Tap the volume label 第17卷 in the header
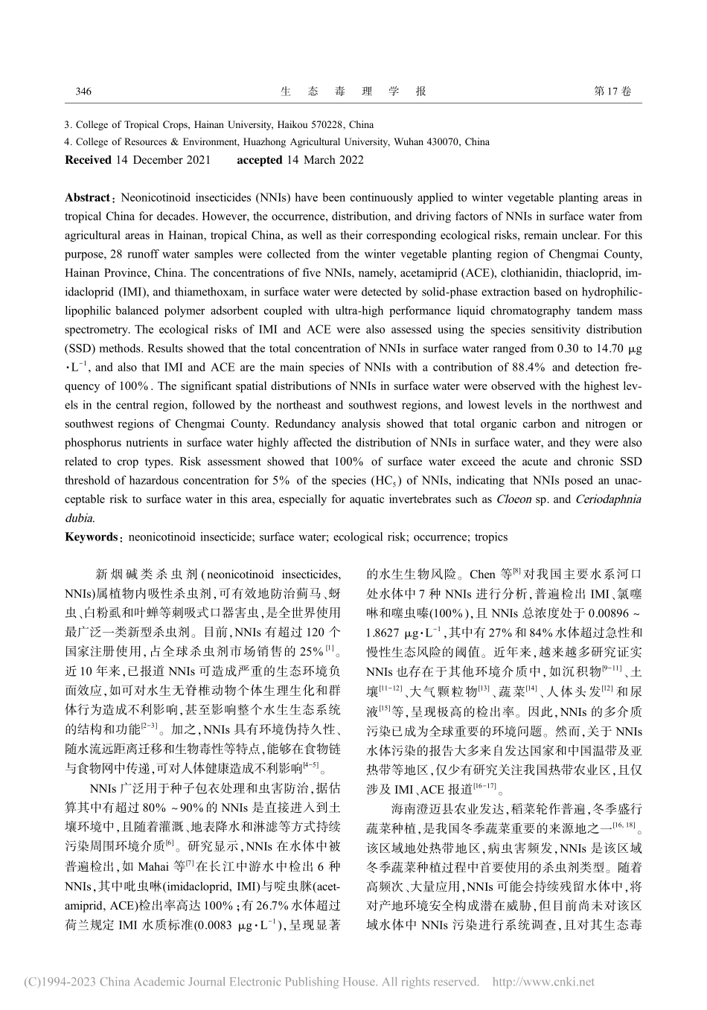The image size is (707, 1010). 611,92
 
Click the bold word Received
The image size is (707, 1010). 88,160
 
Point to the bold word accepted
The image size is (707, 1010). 259,160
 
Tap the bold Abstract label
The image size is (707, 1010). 87,198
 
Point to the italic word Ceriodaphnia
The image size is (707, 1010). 606,499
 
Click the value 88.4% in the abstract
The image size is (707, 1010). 527,368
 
